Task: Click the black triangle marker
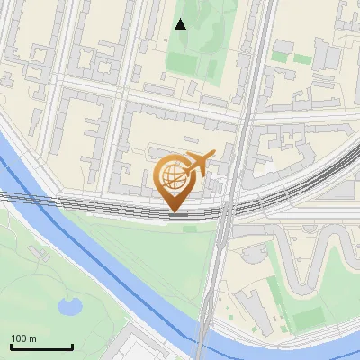pyautogui.click(x=181, y=24)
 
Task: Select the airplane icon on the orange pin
pyautogui.click(x=198, y=163)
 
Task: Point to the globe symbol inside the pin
pyautogui.click(x=173, y=175)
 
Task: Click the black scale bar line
pyautogui.click(x=41, y=347)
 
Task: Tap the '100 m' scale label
pyautogui.click(x=24, y=338)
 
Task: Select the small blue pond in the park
pyautogui.click(x=69, y=307)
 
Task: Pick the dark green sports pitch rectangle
pyautogui.click(x=309, y=318)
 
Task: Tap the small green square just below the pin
pyautogui.click(x=190, y=229)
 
